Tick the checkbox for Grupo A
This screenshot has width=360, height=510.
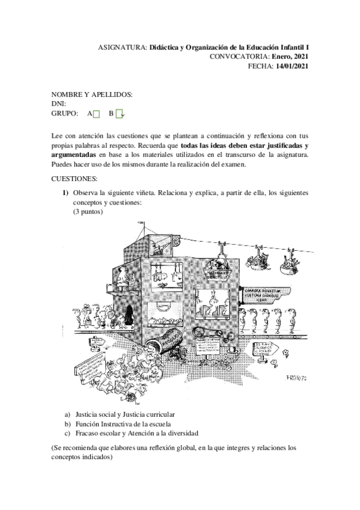[x=96, y=114]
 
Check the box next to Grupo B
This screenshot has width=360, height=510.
[x=119, y=113]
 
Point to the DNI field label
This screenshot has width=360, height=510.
[x=58, y=104]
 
